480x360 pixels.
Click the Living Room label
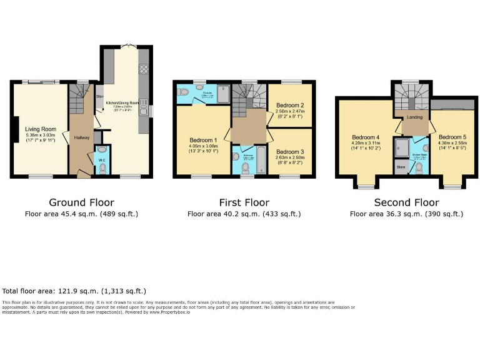point(40,129)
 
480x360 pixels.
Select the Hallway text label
point(82,137)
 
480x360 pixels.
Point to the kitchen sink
point(144,102)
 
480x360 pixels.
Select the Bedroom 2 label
point(289,105)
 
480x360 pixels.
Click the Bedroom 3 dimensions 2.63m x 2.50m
point(289,157)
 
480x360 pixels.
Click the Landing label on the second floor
point(414,117)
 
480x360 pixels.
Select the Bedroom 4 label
point(365,137)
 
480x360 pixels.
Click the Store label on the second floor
point(400,168)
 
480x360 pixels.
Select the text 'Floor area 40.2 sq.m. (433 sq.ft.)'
point(244,214)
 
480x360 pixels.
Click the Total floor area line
point(74,291)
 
